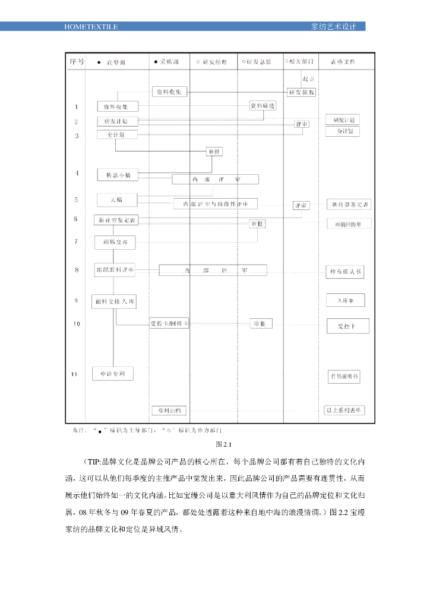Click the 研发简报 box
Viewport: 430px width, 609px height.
302,92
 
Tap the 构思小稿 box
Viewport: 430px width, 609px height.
118,174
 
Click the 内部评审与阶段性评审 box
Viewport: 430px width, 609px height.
216,204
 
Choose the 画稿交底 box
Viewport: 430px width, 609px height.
115,243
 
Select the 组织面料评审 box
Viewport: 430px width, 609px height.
115,270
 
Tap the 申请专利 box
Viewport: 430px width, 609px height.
113,373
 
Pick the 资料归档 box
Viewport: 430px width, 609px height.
169,410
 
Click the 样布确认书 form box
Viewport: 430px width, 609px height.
344,272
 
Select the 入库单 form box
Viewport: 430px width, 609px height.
345,300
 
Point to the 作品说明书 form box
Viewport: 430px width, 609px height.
344,376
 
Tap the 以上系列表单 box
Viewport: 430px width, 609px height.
344,410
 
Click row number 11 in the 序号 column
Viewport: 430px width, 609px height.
74,373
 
